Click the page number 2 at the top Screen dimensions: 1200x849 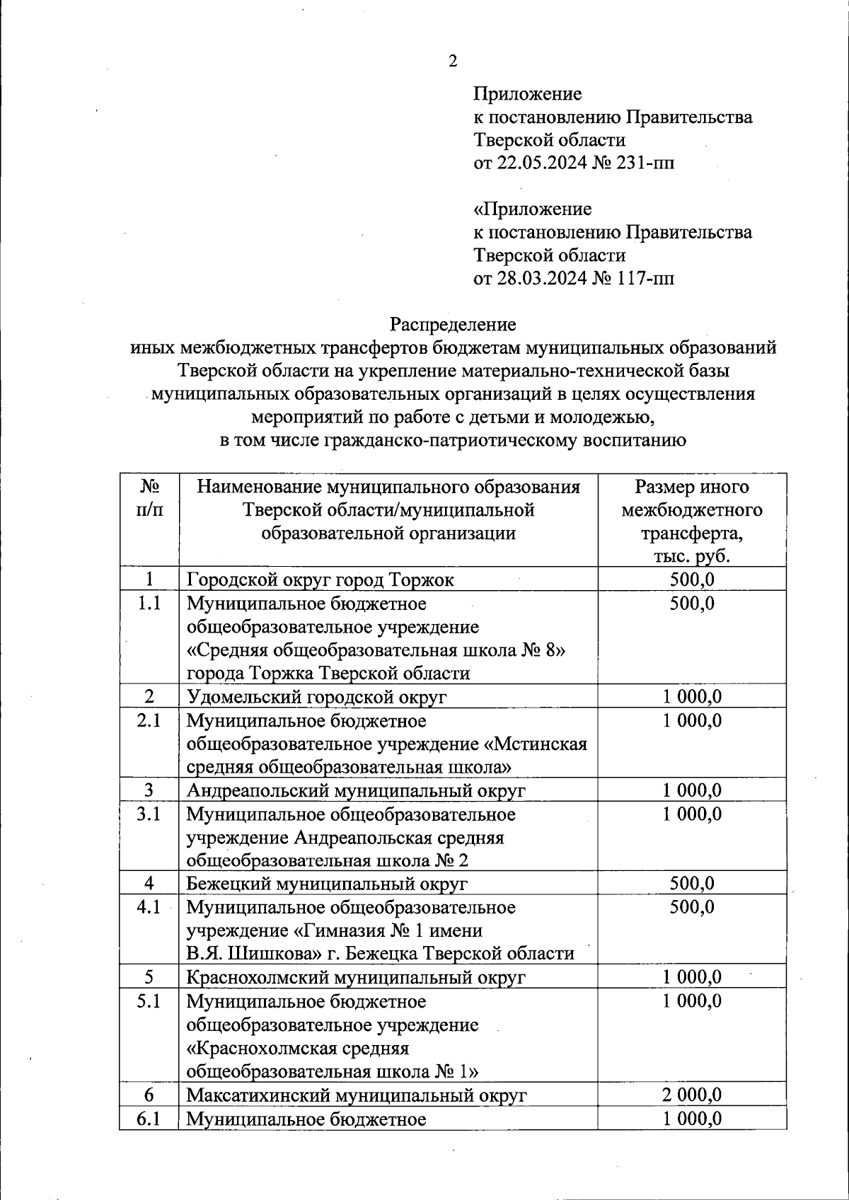453,62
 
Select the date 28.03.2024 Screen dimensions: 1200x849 541,278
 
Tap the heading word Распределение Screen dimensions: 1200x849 453,325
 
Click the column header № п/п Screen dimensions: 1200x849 149,498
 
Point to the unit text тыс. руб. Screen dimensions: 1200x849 691,556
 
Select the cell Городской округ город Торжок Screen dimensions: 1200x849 320,580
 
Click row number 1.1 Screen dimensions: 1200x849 149,604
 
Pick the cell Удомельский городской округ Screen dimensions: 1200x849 316,697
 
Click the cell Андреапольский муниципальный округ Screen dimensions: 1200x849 356,790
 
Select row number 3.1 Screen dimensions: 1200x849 149,814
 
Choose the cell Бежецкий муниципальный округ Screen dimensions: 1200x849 327,884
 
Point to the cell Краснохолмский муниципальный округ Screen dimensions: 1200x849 356,978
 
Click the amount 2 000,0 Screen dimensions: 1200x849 692,1095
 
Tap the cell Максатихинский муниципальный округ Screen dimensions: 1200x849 357,1095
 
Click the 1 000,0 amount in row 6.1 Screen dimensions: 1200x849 692,1119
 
